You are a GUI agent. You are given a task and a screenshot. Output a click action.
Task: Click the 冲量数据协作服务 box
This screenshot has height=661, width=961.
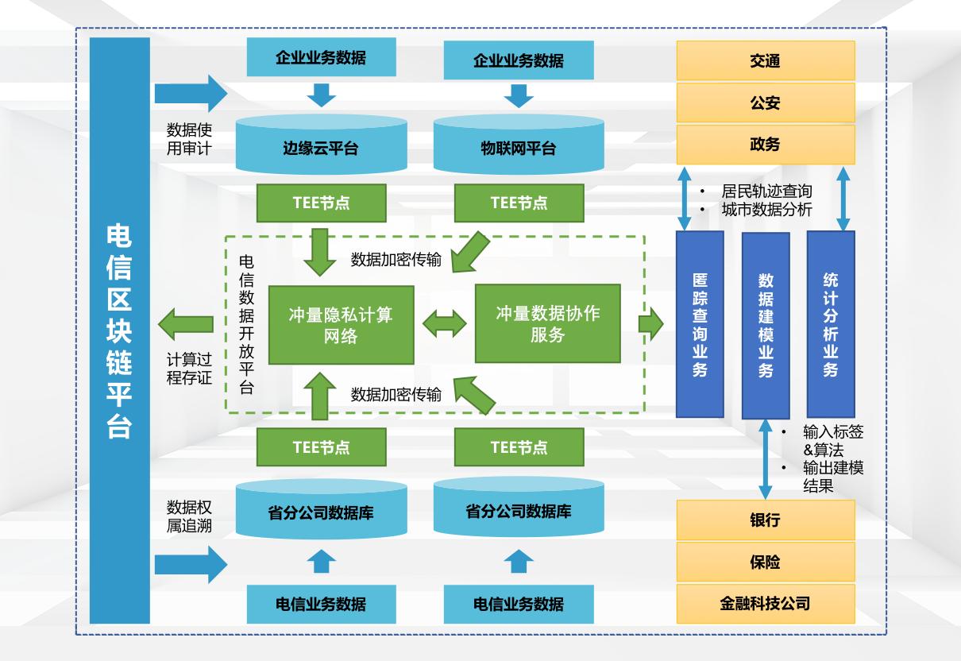coord(547,323)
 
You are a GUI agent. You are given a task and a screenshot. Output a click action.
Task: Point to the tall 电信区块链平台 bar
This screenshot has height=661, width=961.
coord(120,330)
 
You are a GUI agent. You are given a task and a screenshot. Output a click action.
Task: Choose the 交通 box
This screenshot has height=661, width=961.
coord(765,60)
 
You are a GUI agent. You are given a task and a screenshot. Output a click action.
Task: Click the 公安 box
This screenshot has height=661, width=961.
coord(765,102)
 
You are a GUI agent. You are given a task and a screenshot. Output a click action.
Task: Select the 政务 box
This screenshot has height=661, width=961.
coord(765,145)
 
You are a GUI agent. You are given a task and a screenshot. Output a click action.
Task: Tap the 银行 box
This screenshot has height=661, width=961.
coord(765,520)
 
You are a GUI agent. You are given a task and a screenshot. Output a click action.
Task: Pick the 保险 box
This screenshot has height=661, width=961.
coord(765,562)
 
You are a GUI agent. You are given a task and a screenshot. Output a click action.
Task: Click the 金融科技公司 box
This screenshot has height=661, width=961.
coord(765,604)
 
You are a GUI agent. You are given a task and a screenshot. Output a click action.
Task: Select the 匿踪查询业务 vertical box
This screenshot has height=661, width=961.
coord(700,324)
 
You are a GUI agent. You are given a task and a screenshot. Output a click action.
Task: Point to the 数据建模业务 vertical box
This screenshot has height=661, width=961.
coord(766,325)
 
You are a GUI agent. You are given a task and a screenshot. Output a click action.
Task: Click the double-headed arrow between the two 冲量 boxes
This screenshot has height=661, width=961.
coord(444,324)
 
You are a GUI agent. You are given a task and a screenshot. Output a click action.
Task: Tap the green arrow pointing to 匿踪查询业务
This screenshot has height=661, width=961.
coord(650,324)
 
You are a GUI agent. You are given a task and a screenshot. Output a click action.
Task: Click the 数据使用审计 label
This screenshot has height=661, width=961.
coord(188,138)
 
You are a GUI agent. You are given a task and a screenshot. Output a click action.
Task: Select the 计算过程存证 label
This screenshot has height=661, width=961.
coord(189,369)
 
